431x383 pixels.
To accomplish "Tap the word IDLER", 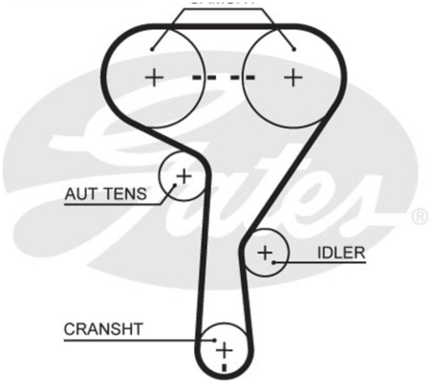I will click(342, 253).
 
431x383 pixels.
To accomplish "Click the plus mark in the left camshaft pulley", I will click(154, 77).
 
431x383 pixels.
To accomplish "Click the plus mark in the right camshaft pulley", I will click(294, 77).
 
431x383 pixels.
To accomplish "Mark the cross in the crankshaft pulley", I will click(224, 351).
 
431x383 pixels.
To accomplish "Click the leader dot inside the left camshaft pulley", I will click(152, 49).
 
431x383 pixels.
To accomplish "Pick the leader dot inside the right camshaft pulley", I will click(294, 49).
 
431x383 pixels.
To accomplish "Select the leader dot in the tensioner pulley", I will click(175, 184).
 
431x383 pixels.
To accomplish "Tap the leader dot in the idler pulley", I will click(273, 263).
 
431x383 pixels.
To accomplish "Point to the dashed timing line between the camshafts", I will click(223, 78).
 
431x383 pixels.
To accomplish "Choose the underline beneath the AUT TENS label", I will click(112, 204).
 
